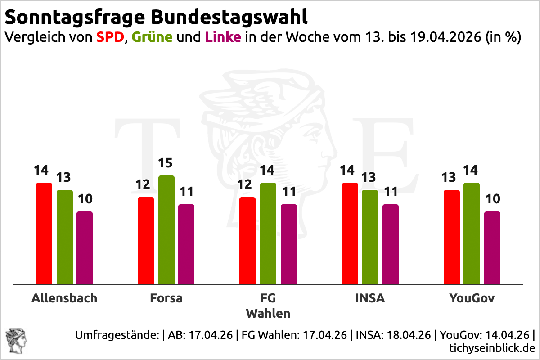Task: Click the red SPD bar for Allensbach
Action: pyautogui.click(x=44, y=234)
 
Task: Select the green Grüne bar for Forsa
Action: pyautogui.click(x=166, y=230)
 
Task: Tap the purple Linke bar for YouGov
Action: pyautogui.click(x=492, y=248)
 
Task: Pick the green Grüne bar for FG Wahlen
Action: pyautogui.click(x=268, y=234)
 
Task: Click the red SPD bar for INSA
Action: pyautogui.click(x=350, y=234)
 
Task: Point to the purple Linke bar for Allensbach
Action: pyautogui.click(x=84, y=248)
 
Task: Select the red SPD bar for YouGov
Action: pyautogui.click(x=451, y=237)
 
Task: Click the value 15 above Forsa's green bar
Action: pyautogui.click(x=166, y=163)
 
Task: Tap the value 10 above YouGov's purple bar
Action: pyautogui.click(x=492, y=199)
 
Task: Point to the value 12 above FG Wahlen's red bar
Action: pyautogui.click(x=247, y=185)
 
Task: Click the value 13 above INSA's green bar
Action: pyautogui.click(x=370, y=178)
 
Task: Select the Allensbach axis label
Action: pyautogui.click(x=64, y=298)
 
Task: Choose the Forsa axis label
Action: pyautogui.click(x=166, y=298)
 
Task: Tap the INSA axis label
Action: pyautogui.click(x=370, y=298)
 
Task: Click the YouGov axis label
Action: pyautogui.click(x=472, y=298)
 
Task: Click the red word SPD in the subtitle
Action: pyautogui.click(x=110, y=37)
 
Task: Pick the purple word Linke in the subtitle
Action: pyautogui.click(x=223, y=37)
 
